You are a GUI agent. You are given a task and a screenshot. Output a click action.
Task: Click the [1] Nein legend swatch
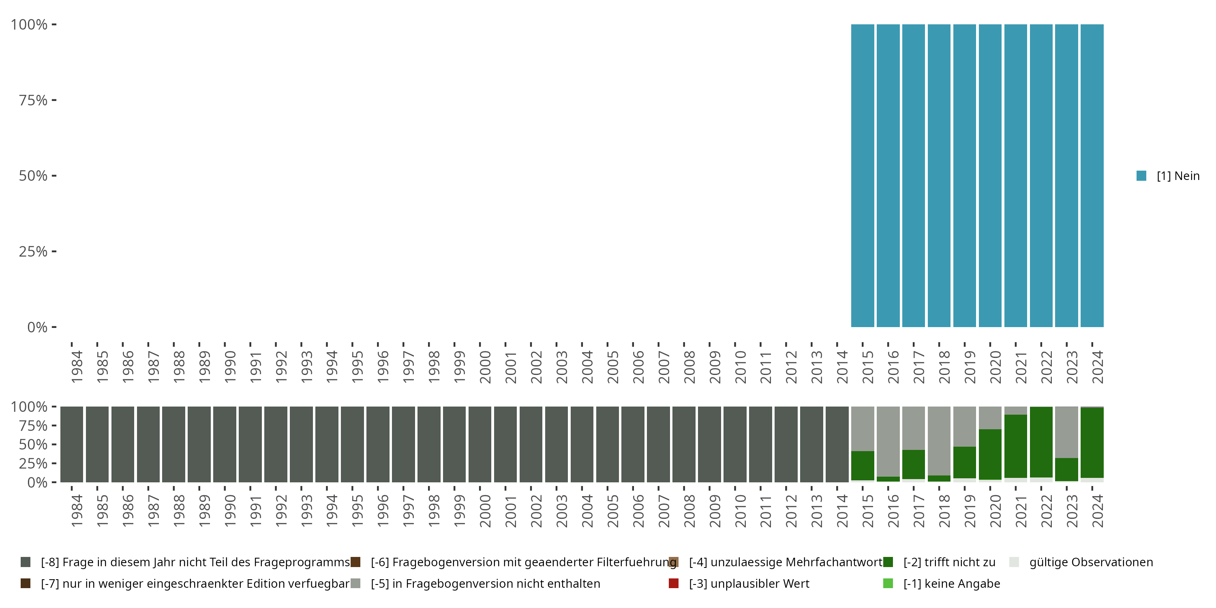[x=1141, y=176]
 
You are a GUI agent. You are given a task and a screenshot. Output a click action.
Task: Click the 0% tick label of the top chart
[x=37, y=327]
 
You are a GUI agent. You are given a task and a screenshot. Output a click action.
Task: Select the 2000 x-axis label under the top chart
[x=485, y=367]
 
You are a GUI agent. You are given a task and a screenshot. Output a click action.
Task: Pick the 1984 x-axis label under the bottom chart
[x=77, y=511]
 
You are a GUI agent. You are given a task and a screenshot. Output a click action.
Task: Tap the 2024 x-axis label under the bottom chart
[x=1098, y=511]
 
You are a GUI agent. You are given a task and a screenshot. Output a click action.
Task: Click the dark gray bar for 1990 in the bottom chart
[x=225, y=444]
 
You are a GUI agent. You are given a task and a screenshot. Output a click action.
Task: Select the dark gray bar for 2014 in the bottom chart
[x=837, y=444]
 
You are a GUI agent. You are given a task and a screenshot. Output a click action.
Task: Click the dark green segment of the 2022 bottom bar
[x=1041, y=442]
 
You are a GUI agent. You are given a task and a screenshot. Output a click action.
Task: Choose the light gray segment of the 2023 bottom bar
[x=1066, y=432]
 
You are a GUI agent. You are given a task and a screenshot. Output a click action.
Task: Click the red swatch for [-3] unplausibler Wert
[x=674, y=583]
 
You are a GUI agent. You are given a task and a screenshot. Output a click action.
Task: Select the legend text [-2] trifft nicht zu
[x=949, y=562]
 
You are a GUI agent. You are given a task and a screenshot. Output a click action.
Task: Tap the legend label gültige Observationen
[x=1091, y=562]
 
